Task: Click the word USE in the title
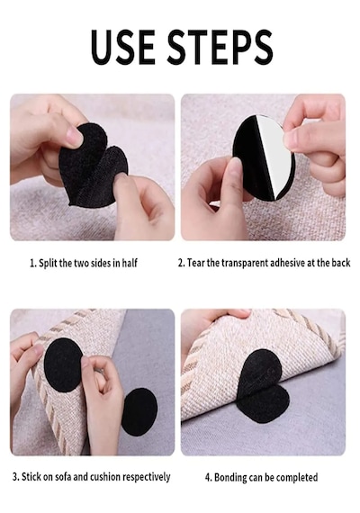123,47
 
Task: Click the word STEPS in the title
220,47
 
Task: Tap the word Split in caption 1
48,264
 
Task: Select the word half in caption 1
130,263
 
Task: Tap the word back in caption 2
340,263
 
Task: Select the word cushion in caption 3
104,477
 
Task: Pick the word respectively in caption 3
146,477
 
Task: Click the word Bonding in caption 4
230,478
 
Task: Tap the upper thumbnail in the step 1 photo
75,136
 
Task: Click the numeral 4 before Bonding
208,477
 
